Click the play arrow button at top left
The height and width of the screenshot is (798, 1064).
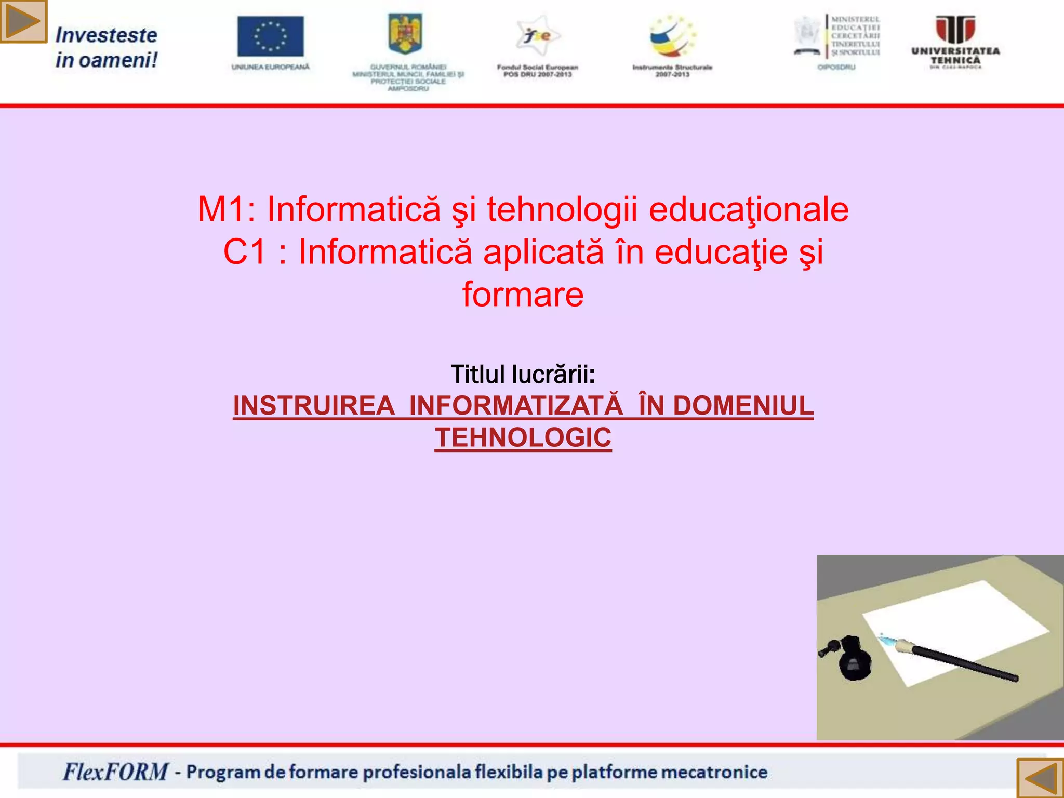tap(23, 21)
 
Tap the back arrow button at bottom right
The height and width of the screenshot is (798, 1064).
tap(1040, 778)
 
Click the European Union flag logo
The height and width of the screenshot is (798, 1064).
tap(270, 36)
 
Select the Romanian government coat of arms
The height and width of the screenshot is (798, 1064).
tap(405, 34)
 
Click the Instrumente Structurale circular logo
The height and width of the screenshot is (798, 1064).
tap(672, 36)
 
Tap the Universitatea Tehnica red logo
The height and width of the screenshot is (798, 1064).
tap(955, 30)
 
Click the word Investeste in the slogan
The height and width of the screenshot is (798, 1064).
tap(106, 35)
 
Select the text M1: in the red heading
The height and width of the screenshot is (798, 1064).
tap(227, 210)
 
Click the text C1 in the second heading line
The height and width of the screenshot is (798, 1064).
tap(244, 252)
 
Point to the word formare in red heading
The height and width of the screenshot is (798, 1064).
tap(523, 295)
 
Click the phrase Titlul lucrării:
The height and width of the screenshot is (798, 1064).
tap(523, 375)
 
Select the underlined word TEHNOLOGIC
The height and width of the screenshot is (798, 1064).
tap(523, 437)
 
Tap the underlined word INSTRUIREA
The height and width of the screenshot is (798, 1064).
tap(313, 406)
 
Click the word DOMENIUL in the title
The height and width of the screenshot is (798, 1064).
tap(743, 406)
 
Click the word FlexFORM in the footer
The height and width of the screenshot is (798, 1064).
tap(115, 772)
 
